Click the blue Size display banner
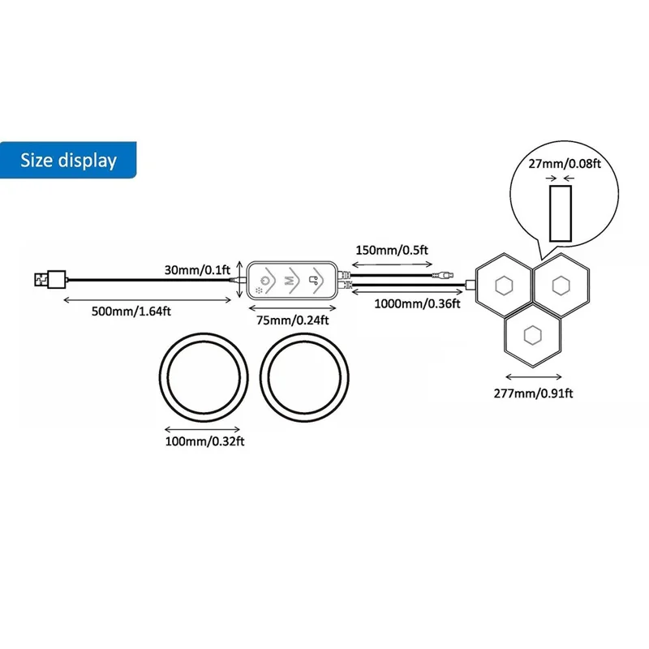(x=69, y=160)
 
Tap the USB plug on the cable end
(x=47, y=280)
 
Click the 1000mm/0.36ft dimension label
(x=416, y=303)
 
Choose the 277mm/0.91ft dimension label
(x=533, y=393)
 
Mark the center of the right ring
(x=306, y=375)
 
